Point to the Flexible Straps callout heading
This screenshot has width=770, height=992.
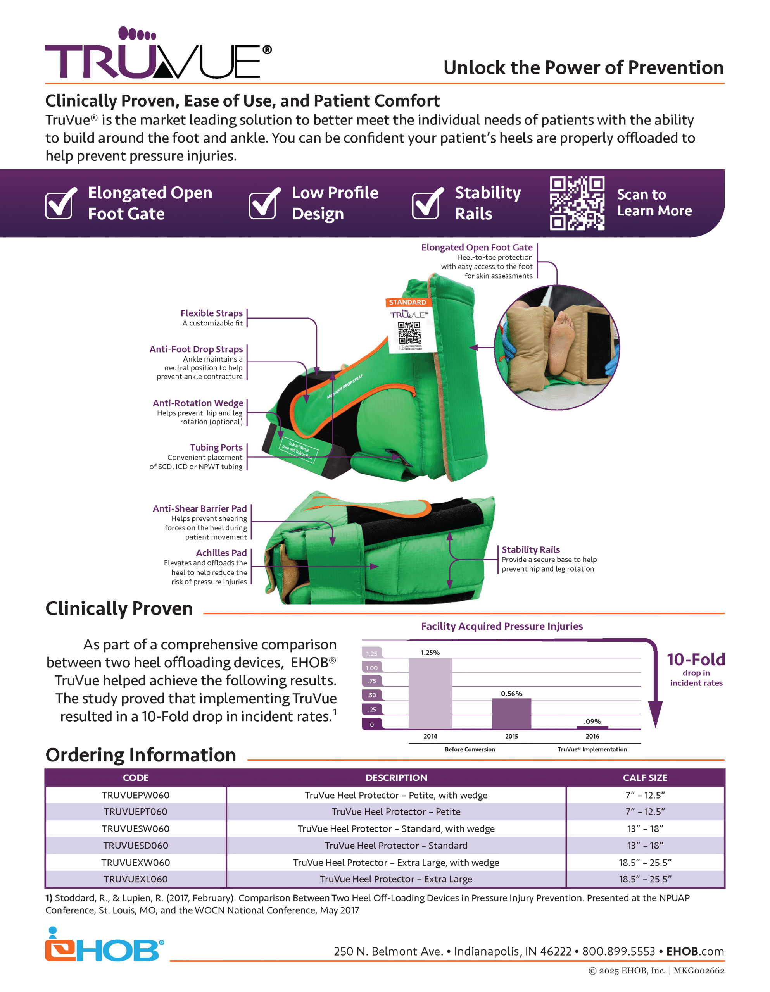pos(211,313)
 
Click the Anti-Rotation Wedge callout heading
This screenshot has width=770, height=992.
pos(198,403)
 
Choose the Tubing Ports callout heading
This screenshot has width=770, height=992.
pos(216,448)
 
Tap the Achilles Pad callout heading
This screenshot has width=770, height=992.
pos(221,553)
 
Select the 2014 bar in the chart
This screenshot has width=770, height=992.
pos(430,693)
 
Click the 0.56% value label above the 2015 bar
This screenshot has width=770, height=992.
pos(511,694)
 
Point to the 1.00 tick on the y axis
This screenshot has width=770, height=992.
pos(371,668)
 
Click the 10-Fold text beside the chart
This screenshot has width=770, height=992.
pos(696,660)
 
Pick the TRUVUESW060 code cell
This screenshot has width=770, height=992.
pos(135,828)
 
